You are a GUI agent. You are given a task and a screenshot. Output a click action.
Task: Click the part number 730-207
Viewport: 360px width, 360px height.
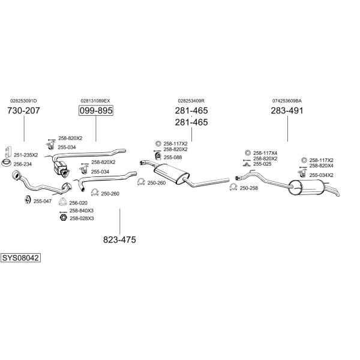pyautogui.click(x=23, y=110)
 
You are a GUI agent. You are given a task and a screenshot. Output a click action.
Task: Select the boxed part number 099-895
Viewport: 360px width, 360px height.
pyautogui.click(x=96, y=110)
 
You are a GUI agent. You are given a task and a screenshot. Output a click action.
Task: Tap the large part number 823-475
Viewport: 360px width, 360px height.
pyautogui.click(x=119, y=239)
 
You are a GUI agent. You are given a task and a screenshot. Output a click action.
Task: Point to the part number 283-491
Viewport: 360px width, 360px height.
pyautogui.click(x=287, y=110)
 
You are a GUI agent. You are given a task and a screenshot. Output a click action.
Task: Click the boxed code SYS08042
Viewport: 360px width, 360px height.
pyautogui.click(x=20, y=258)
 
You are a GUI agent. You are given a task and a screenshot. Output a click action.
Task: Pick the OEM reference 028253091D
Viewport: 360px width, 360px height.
pyautogui.click(x=23, y=101)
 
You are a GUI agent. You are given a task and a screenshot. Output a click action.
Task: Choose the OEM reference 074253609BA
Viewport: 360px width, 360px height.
pyautogui.click(x=287, y=101)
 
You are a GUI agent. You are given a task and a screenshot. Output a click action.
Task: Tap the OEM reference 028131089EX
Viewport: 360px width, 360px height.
pyautogui.click(x=95, y=101)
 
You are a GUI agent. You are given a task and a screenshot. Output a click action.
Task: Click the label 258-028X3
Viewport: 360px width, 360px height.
pyautogui.click(x=82, y=218)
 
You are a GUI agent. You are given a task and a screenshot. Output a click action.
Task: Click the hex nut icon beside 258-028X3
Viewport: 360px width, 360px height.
pyautogui.click(x=63, y=217)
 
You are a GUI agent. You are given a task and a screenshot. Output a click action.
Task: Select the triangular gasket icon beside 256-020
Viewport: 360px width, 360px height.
pyautogui.click(x=62, y=202)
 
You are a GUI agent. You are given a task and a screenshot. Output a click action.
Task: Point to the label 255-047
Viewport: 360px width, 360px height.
pyautogui.click(x=43, y=202)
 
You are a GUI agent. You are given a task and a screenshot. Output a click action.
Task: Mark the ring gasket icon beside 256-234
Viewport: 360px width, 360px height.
pyautogui.click(x=6, y=163)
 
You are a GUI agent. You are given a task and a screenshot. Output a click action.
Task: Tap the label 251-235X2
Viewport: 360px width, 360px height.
pyautogui.click(x=26, y=155)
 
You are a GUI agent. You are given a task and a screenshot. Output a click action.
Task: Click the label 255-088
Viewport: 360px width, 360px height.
pyautogui.click(x=173, y=157)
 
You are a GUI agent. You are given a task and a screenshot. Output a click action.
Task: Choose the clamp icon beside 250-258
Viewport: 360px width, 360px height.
pyautogui.click(x=233, y=187)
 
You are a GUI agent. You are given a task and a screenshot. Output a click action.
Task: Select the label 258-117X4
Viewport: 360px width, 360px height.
pyautogui.click(x=265, y=153)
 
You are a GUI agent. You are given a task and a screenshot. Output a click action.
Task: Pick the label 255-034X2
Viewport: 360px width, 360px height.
pyautogui.click(x=321, y=175)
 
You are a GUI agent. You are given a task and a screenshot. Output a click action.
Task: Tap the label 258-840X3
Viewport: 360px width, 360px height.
pyautogui.click(x=82, y=211)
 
